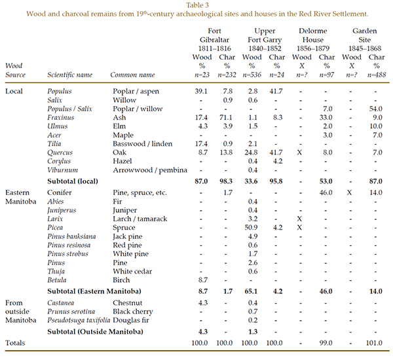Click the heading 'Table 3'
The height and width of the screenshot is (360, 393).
(196, 5)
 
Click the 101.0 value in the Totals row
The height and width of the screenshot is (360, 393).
(375, 343)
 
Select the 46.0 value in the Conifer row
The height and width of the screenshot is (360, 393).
(321, 194)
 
